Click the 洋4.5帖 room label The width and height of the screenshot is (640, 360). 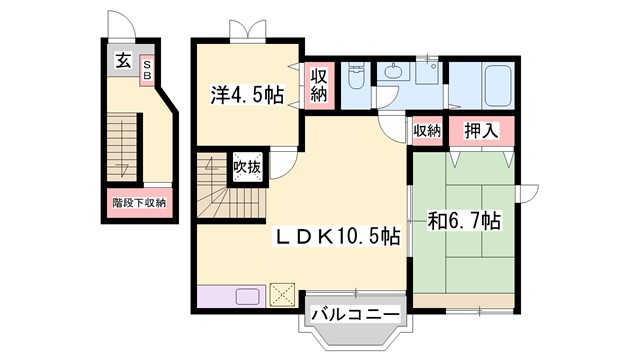click(246, 95)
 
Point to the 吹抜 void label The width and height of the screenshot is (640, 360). click(247, 167)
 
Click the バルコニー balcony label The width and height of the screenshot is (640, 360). click(355, 315)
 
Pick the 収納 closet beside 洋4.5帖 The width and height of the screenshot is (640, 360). click(319, 85)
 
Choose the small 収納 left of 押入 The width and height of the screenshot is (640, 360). click(426, 131)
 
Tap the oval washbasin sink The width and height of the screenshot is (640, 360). click(393, 73)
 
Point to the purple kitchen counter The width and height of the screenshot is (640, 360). click(231, 295)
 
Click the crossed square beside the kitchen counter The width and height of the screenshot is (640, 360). click(282, 295)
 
